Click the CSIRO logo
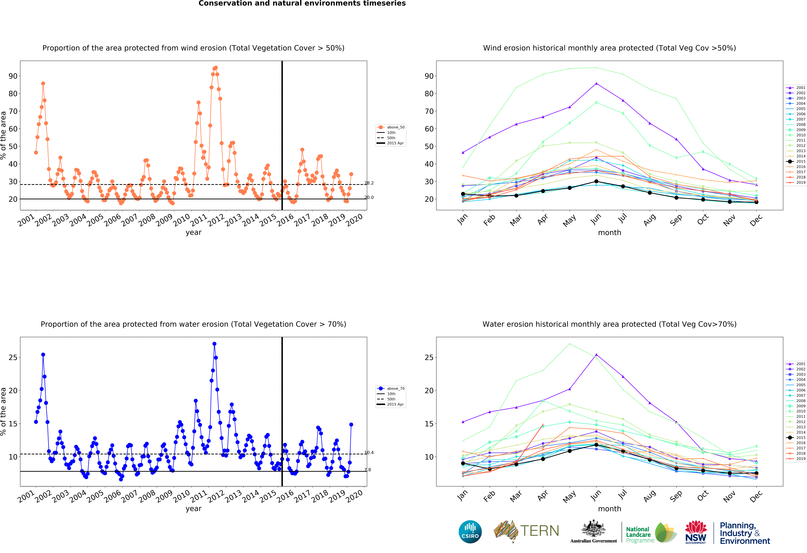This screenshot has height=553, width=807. click(470, 532)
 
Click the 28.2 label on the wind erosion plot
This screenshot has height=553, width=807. click(369, 183)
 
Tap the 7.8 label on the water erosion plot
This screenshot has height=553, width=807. click(367, 470)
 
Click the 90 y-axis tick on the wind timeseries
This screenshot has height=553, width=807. click(13, 76)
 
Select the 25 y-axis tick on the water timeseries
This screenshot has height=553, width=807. click(13, 358)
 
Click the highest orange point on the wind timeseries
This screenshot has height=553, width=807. click(216, 68)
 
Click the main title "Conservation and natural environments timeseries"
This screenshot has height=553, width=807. click(302, 3)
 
